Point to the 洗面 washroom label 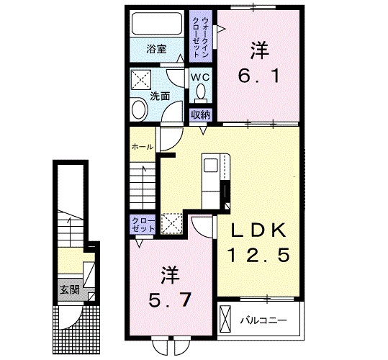coord(160,95)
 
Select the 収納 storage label coord(200,114)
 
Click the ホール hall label coord(142,146)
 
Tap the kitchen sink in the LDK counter coord(212,166)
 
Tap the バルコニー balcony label coord(263,318)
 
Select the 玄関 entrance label coord(69,291)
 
